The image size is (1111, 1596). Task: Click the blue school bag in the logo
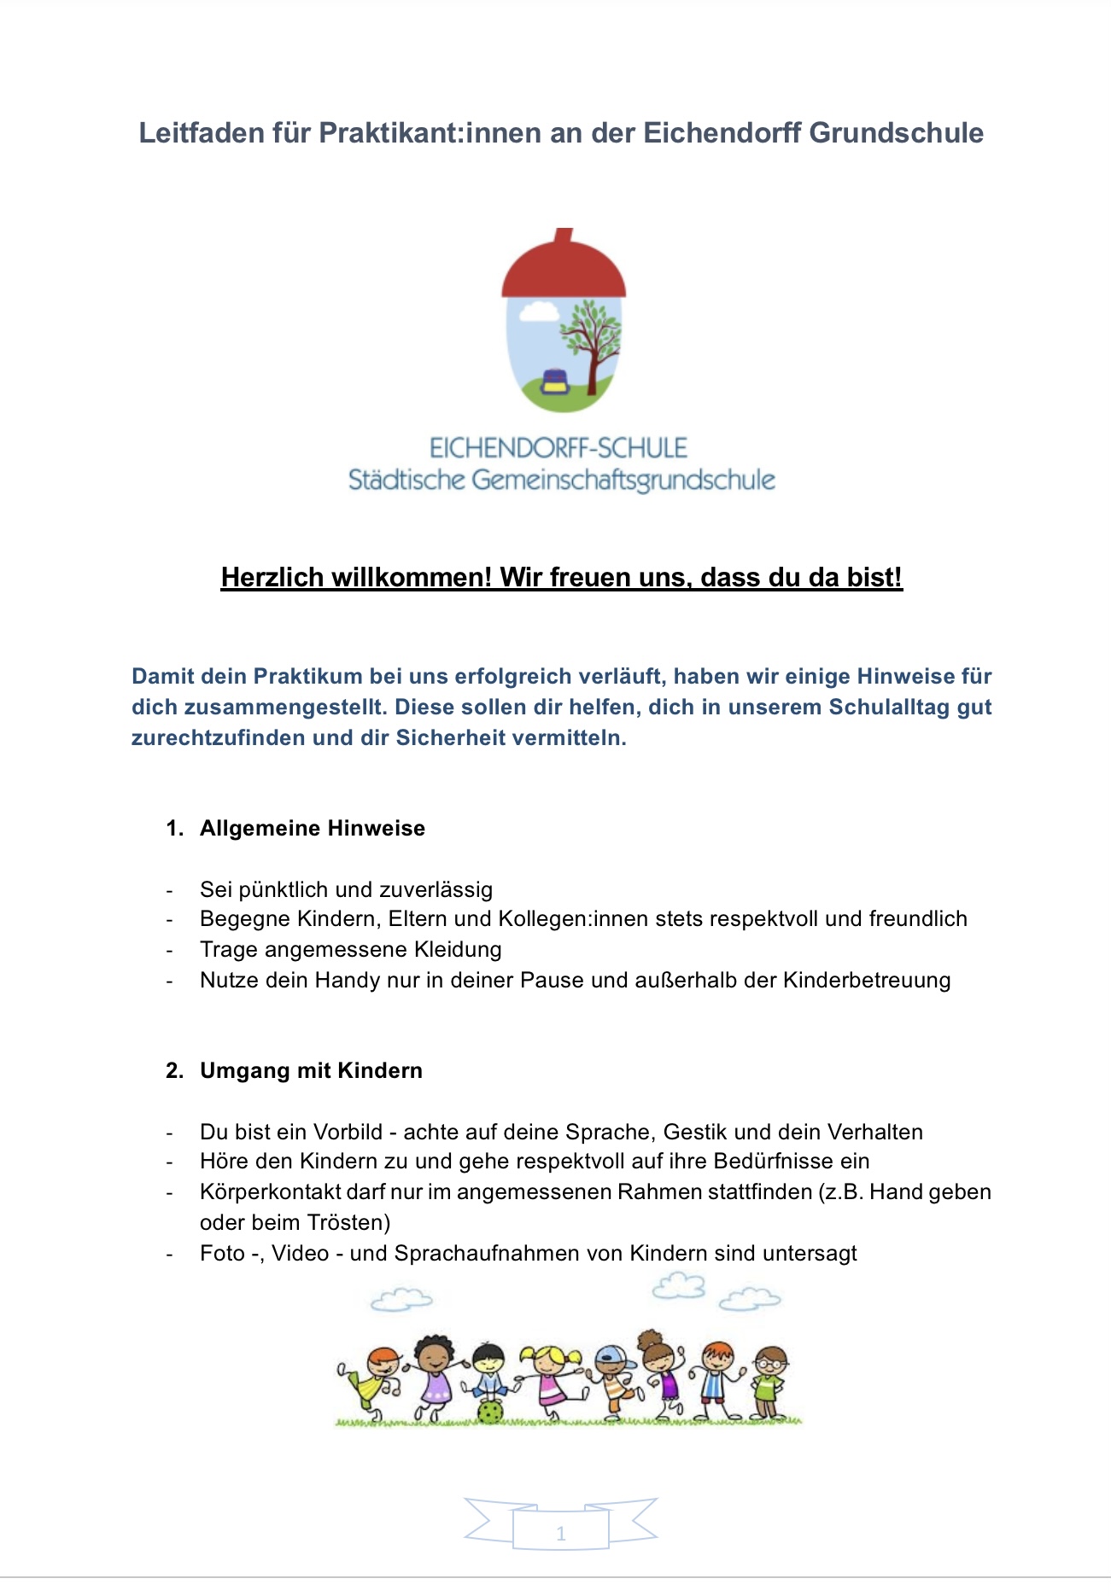point(556,382)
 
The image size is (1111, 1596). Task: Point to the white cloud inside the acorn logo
point(537,312)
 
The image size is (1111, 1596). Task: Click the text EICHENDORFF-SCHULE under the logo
point(558,448)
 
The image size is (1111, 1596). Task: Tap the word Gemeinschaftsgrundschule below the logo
point(623,481)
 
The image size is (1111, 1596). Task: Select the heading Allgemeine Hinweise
point(313,829)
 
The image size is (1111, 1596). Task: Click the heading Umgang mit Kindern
point(311,1071)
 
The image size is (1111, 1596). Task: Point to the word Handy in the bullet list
point(348,980)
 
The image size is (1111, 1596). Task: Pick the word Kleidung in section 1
point(458,949)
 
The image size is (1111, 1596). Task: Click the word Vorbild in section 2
point(348,1132)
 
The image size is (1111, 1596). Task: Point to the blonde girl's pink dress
point(550,1389)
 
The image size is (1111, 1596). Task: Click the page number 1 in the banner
point(561,1534)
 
